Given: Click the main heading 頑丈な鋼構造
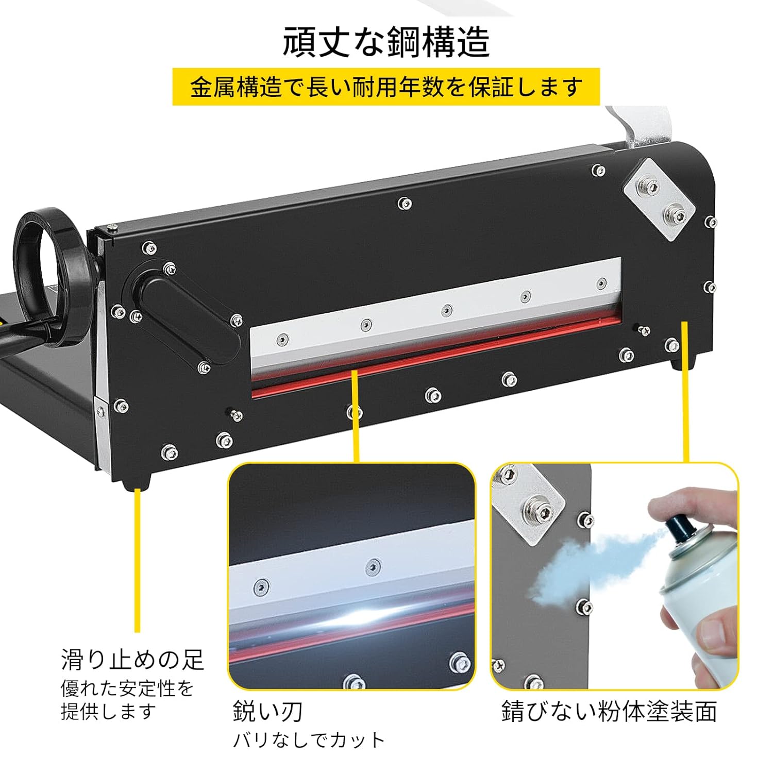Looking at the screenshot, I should (386, 42).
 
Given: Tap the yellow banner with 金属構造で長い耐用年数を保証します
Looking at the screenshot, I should (386, 87).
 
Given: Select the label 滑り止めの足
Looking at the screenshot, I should (132, 660).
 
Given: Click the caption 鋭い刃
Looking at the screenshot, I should (267, 712).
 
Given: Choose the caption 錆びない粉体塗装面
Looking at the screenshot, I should (609, 712).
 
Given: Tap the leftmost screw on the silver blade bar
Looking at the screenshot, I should (282, 339).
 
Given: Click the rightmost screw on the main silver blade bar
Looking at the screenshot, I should (601, 283).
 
